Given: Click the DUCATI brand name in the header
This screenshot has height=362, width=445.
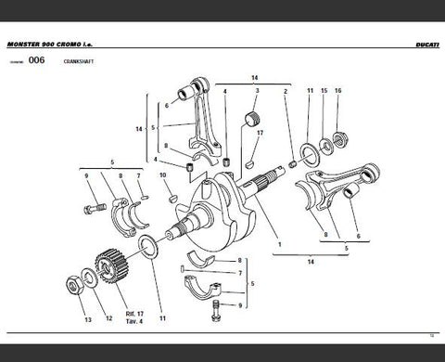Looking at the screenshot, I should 423,45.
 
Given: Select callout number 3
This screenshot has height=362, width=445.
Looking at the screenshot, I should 257,91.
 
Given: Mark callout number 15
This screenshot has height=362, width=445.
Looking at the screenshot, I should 324,91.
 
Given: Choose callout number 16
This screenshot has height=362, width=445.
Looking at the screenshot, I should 338,91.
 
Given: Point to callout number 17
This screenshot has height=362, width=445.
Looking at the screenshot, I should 261,134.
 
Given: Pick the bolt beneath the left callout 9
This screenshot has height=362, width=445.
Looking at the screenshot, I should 94,199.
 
